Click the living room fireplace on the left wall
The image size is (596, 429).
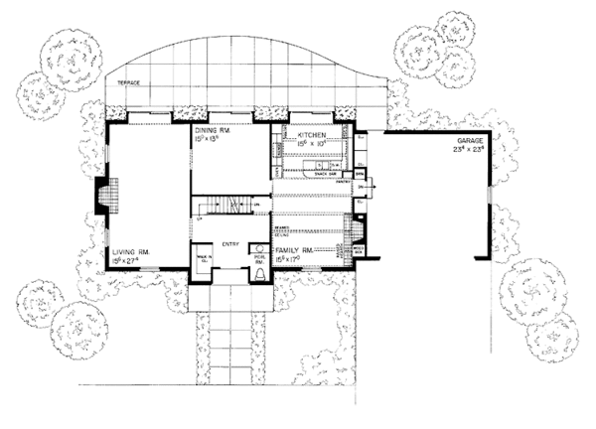click(105, 195)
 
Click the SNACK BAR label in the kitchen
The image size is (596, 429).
click(324, 169)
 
